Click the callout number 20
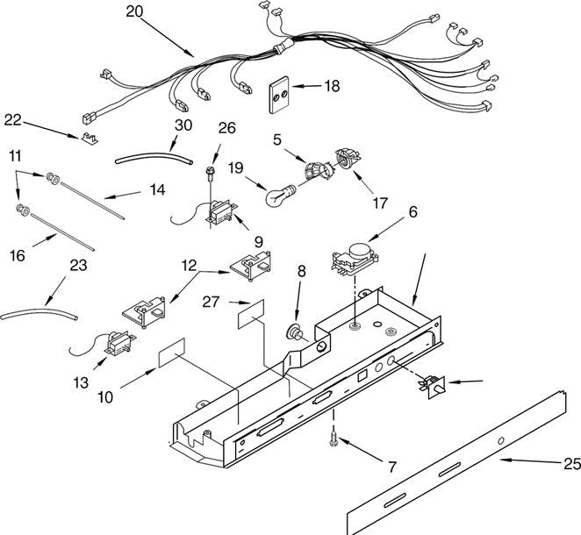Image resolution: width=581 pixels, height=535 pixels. [x=134, y=12]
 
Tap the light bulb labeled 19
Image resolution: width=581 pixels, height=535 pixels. [x=281, y=195]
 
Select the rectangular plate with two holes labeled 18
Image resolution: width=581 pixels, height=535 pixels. [x=279, y=95]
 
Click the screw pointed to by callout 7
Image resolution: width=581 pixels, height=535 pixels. [x=334, y=439]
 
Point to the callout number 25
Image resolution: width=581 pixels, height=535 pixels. [x=572, y=464]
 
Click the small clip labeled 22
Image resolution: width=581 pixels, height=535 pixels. [x=90, y=138]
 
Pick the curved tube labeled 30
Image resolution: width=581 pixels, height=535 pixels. [x=154, y=160]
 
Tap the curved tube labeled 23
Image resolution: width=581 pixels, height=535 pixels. [x=39, y=313]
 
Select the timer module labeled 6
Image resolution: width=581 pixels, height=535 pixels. [x=355, y=259]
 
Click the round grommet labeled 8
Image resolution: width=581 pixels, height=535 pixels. [x=296, y=332]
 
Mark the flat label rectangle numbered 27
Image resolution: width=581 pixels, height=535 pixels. [x=251, y=314]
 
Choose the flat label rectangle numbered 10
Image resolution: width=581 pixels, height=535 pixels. [x=172, y=353]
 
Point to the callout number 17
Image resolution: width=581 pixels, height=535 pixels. [x=380, y=203]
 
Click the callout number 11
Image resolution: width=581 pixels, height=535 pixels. [x=15, y=156]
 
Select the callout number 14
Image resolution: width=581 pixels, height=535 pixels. [x=157, y=190]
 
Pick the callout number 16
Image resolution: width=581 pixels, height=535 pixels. [x=18, y=255]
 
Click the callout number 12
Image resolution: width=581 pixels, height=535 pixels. [x=189, y=266]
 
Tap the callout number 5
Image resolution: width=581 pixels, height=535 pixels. [x=277, y=139]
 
